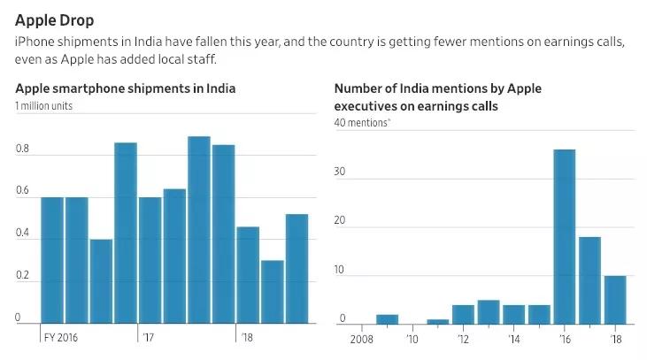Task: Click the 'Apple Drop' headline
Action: coord(54,19)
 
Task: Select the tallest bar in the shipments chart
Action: coord(199,231)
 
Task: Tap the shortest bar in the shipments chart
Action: coord(273,293)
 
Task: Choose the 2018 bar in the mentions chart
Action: coord(614,300)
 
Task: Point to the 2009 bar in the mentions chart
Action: coord(387,319)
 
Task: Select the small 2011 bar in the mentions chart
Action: coord(437,322)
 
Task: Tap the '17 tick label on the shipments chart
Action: coord(147,338)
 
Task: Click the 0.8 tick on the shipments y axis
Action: coord(22,149)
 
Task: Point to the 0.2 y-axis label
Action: coord(22,276)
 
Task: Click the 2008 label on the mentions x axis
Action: coord(362,338)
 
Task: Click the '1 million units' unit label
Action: coord(44,107)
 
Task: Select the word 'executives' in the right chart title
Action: coord(366,105)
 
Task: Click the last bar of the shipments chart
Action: coord(297,270)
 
